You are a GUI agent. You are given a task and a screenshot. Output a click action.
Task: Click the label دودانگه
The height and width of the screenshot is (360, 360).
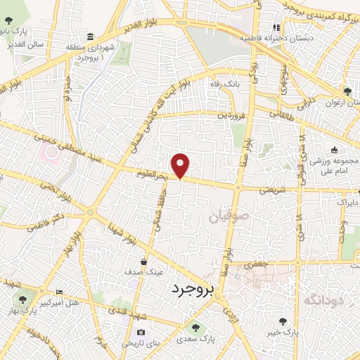[x=325, y=300]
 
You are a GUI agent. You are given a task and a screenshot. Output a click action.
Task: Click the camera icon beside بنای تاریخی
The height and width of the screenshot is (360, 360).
[x=141, y=333]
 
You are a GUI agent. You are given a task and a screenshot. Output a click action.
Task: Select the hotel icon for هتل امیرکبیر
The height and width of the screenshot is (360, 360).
[x=58, y=292]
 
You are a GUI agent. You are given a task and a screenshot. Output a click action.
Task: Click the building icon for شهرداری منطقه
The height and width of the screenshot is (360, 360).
[x=89, y=37]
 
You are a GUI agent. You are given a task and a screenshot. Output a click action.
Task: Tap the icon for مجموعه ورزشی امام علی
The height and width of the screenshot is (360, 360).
[x=334, y=149]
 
